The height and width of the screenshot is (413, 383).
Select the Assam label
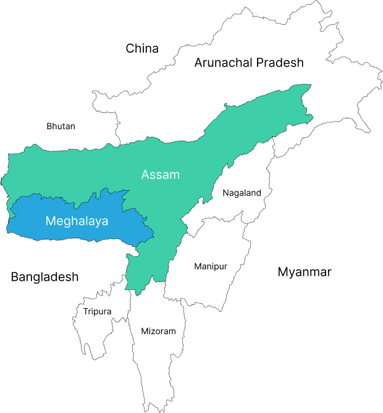click(161, 175)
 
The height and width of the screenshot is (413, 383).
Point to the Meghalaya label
click(77, 220)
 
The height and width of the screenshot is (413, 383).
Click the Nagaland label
click(242, 193)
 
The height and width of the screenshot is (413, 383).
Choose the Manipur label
click(211, 267)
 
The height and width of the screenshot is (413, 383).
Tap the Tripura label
click(98, 312)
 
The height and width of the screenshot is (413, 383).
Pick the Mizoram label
click(158, 332)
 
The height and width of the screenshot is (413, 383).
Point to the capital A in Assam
click(146, 175)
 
